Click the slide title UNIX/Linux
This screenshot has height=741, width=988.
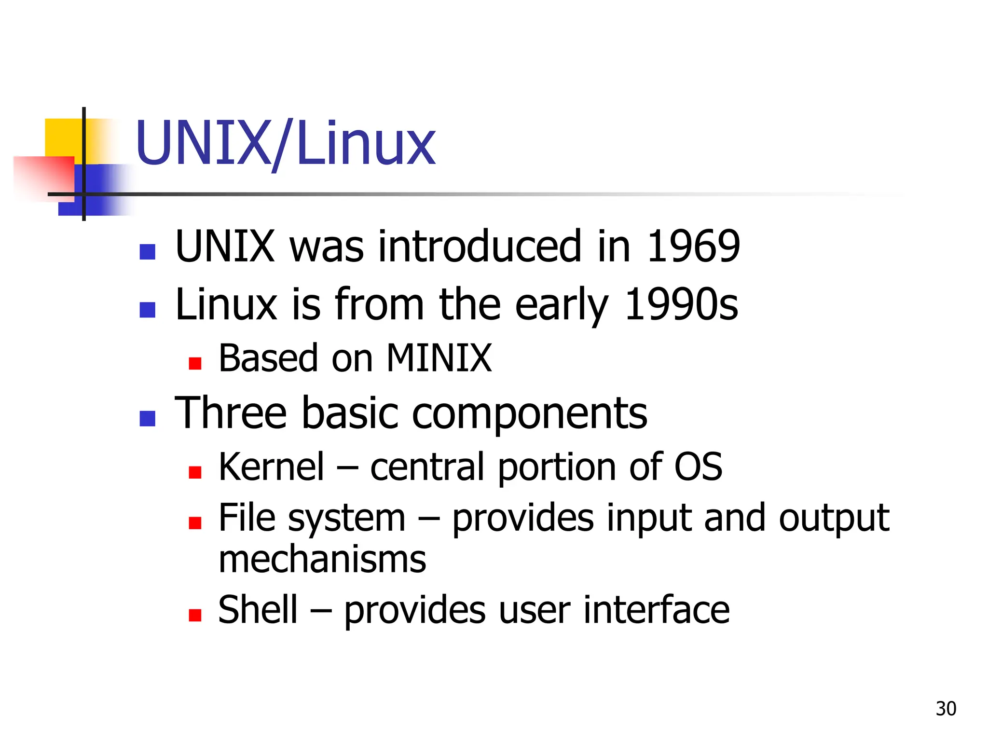(286, 144)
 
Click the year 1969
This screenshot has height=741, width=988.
(693, 247)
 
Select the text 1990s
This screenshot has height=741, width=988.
(681, 304)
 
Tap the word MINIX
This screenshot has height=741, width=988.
(439, 358)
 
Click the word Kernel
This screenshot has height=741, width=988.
(272, 467)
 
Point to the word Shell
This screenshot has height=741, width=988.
(258, 610)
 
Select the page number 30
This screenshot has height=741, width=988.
(946, 709)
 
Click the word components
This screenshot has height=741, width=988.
(529, 413)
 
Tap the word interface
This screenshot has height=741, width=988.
(656, 610)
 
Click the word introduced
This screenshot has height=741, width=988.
(480, 247)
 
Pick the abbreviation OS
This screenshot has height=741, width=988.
(698, 467)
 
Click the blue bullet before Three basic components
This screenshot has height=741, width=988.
(147, 418)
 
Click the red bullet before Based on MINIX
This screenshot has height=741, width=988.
(195, 363)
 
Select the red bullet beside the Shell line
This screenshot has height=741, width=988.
(195, 615)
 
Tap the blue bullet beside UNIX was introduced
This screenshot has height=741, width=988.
(147, 251)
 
